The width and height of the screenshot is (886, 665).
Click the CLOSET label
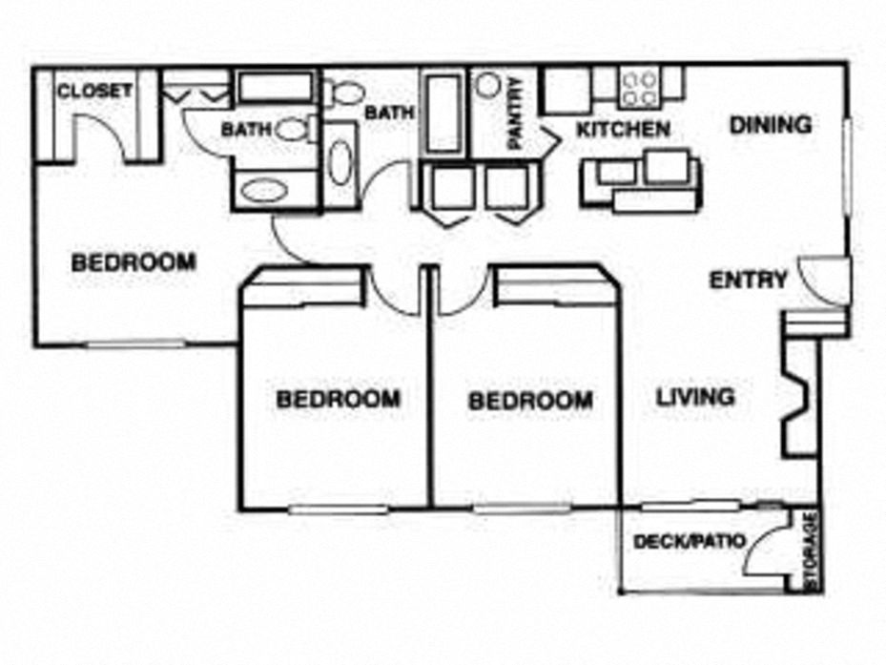tap(93, 92)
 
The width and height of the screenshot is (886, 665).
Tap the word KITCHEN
tap(623, 129)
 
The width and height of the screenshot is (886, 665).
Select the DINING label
tap(771, 124)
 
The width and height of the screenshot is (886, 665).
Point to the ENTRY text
tap(749, 280)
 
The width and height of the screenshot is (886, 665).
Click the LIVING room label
tap(695, 396)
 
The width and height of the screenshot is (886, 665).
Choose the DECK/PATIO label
tap(688, 542)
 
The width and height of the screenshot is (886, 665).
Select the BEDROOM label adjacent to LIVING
tap(529, 401)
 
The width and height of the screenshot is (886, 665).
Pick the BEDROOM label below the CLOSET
tap(134, 261)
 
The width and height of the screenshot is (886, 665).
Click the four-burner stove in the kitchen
tap(638, 88)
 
